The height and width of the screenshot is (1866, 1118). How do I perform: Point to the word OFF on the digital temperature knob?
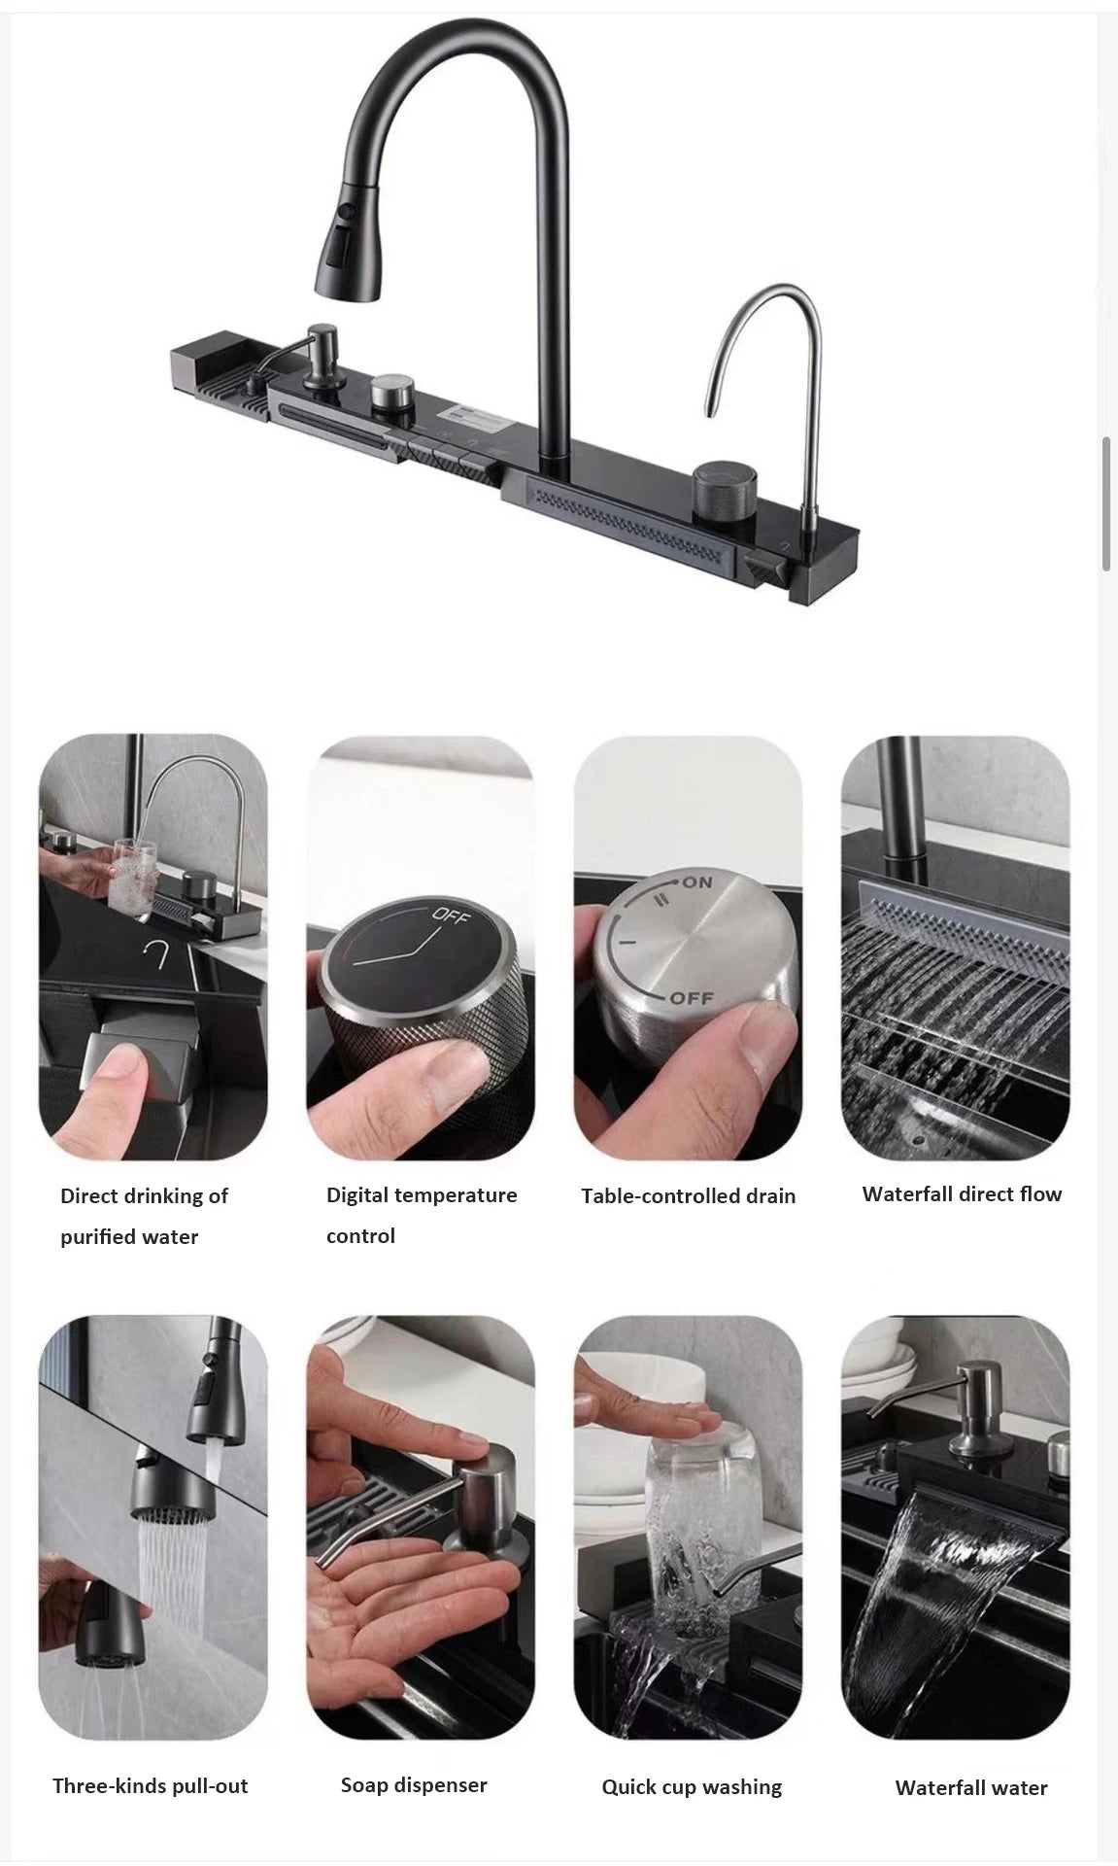(450, 916)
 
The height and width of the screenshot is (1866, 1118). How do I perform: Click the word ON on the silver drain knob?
(696, 882)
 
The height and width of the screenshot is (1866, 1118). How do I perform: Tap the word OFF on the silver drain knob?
(691, 998)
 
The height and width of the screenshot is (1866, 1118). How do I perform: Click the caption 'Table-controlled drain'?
(688, 1195)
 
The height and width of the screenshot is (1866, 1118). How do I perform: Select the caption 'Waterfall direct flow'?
(962, 1193)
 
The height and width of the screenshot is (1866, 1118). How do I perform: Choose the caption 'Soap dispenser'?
(414, 1784)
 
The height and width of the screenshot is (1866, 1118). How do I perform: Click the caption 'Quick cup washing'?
(692, 1786)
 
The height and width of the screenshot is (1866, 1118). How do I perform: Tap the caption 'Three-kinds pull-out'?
(151, 1785)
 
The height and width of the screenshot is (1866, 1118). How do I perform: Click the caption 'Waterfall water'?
(971, 1787)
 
